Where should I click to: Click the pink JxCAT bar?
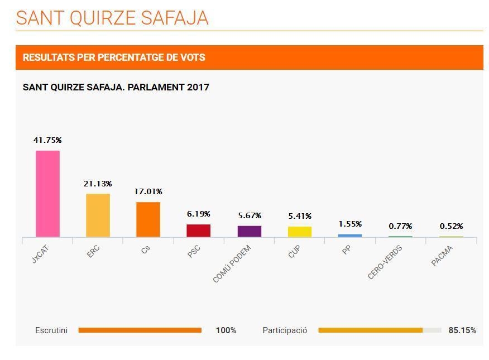47,194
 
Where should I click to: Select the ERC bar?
98,215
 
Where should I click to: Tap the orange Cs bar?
148,219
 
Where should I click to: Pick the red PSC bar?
198,231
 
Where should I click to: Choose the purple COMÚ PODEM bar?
249,231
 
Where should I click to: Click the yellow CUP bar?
300,232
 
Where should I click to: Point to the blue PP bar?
350,236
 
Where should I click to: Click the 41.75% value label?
47,140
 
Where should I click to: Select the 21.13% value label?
98,184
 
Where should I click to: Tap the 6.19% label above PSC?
198,214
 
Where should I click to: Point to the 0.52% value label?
451,226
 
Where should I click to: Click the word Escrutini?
51,330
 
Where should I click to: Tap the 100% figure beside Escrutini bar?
226,330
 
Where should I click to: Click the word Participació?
285,330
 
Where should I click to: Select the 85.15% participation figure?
462,330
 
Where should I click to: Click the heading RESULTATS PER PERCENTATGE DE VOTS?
114,57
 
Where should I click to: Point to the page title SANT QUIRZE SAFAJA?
112,18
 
